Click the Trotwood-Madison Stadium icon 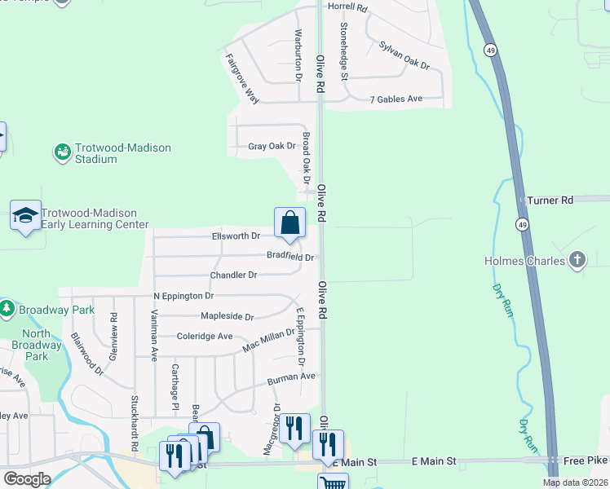62,152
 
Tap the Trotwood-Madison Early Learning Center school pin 25,216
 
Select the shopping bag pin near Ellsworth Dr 290,222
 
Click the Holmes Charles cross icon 577,261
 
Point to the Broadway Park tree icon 7,309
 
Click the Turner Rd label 550,200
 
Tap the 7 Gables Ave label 396,99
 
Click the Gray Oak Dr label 272,146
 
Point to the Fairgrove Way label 241,78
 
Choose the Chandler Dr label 233,275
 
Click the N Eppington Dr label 183,296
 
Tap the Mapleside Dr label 227,316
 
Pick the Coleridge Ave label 205,336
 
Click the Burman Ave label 291,377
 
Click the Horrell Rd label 348,7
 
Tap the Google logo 27,479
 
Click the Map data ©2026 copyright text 574,482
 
